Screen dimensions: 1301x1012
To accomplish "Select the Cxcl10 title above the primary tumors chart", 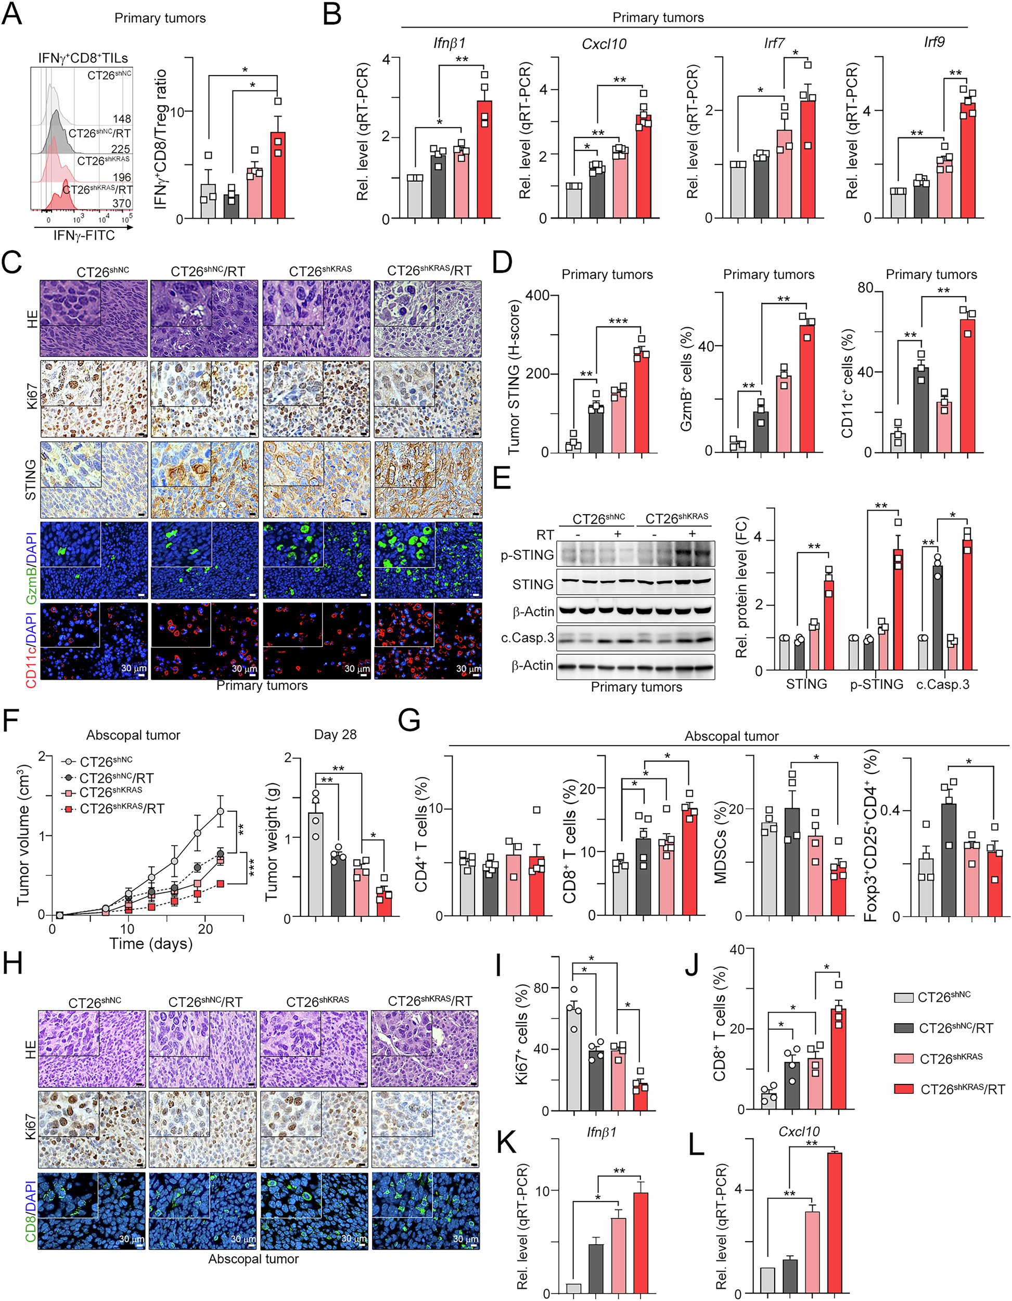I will pos(604,44).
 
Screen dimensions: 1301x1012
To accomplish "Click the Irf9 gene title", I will pos(933,42).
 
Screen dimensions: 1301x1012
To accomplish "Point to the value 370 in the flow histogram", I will pos(122,203).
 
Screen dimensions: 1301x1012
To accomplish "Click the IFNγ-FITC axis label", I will pos(84,235).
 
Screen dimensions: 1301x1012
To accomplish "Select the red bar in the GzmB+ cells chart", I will pos(807,388).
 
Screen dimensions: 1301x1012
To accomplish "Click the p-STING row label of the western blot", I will pos(527,555).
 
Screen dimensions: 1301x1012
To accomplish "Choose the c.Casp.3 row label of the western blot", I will pos(527,638).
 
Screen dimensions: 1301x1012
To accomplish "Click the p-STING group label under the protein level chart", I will pos(876,684).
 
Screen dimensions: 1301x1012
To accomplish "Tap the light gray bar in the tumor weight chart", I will pos(315,864).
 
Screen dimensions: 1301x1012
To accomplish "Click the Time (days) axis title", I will pos(151,943).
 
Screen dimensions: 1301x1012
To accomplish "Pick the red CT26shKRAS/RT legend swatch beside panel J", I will pos(904,1089).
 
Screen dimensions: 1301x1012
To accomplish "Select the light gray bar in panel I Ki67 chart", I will pos(574,1056).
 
